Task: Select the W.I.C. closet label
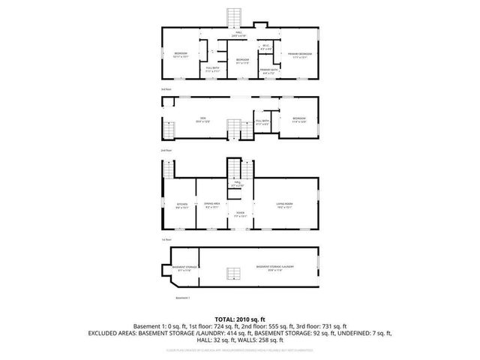tap(265, 48)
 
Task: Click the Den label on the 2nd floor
tap(199, 119)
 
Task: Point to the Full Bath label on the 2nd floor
tap(262, 121)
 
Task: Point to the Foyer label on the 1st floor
tap(240, 214)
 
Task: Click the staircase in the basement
tap(235, 273)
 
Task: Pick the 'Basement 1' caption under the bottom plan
tap(183, 298)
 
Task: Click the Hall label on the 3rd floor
tap(238, 34)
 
